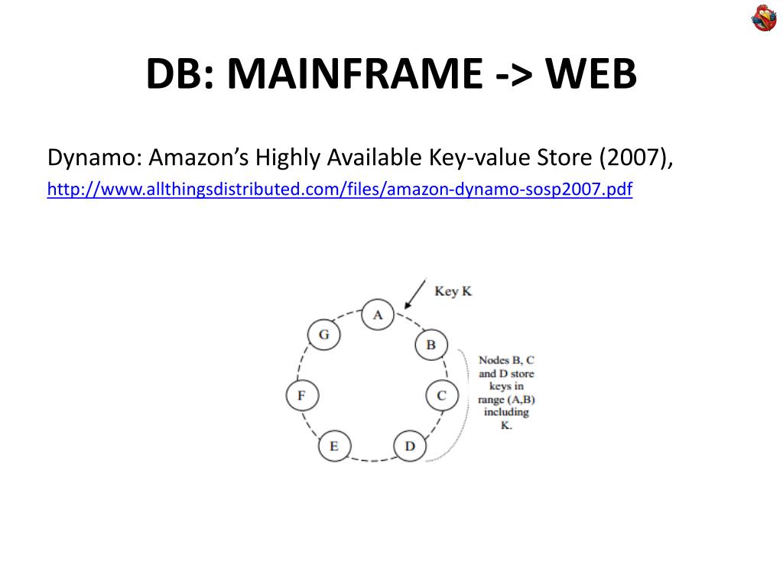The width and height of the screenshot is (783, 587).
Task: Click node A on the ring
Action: (377, 314)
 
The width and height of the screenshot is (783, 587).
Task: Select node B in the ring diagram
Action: (430, 345)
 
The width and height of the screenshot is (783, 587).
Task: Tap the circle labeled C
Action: (441, 395)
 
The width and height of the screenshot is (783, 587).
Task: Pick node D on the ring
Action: (410, 446)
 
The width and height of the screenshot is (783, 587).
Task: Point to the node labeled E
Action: (333, 446)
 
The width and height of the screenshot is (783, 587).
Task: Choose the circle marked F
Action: (301, 395)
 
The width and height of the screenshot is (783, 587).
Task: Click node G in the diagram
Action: (323, 335)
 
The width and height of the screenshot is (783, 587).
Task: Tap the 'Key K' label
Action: (453, 291)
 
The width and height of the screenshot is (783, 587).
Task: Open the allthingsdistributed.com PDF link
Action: (340, 189)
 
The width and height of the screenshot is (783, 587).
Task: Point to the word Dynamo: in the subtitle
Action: (94, 158)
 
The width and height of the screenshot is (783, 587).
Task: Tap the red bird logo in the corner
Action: (763, 18)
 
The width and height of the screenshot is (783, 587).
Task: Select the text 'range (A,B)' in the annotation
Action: (506, 399)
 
